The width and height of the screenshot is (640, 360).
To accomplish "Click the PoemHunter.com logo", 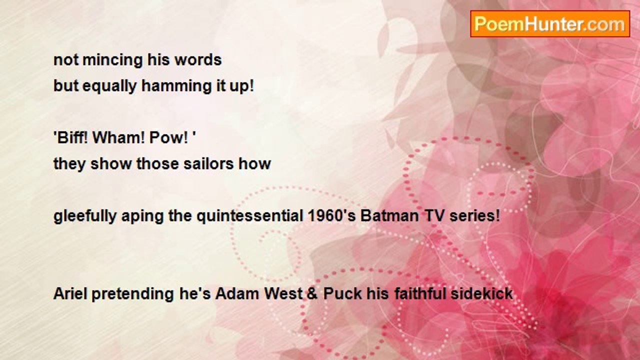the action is coord(550,24).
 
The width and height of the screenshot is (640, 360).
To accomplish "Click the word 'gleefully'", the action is coord(85,216).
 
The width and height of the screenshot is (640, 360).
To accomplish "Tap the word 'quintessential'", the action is coord(249,215).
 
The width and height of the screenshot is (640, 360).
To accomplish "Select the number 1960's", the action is coord(331,215).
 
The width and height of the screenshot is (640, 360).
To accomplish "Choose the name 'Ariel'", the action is coord(70,293).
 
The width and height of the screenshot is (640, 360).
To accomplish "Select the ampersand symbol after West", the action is coord(312,294).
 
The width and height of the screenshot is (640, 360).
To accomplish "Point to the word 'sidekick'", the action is coord(481,293).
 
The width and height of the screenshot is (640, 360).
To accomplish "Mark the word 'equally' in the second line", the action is coord(109,86).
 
